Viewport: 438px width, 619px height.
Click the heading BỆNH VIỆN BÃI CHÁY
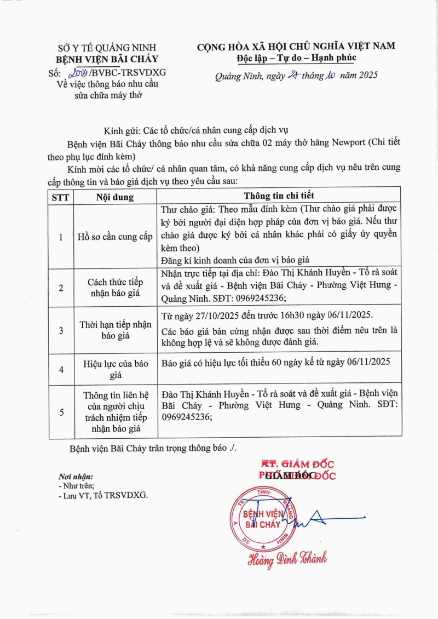click(107, 60)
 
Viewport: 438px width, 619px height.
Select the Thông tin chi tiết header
click(279, 196)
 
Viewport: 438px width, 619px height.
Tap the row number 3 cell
click(61, 330)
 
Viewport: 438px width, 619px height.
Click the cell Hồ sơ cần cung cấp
click(115, 237)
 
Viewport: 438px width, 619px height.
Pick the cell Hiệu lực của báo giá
click(115, 369)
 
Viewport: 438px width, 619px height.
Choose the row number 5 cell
click(61, 412)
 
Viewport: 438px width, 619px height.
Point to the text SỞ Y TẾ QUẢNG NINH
click(107, 48)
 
